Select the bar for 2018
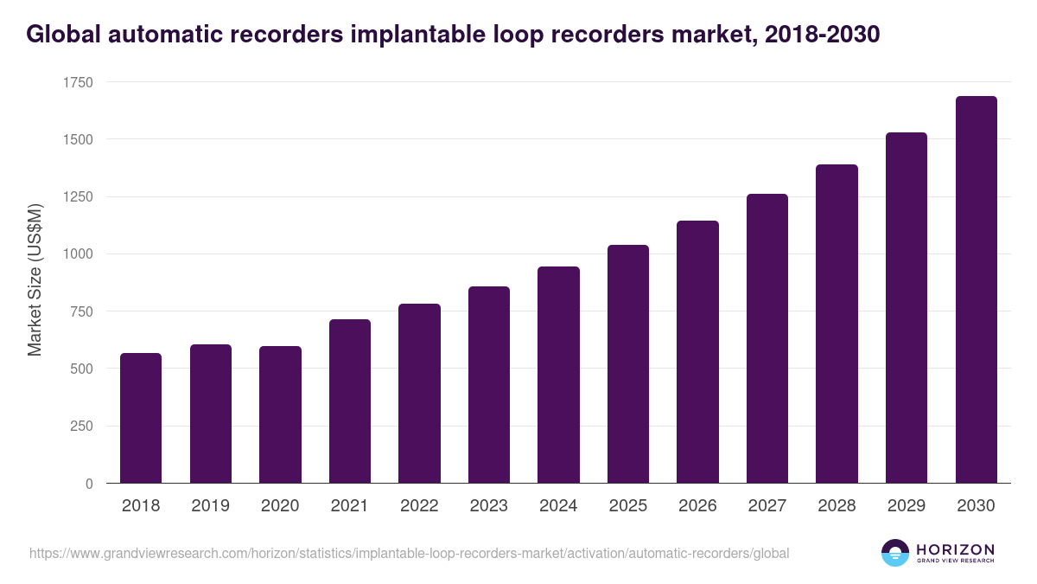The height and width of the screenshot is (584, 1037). coord(141,418)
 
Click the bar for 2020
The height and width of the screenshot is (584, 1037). coord(280,414)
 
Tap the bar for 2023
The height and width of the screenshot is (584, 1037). coord(489,385)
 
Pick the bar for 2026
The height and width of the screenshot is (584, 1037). coord(697,352)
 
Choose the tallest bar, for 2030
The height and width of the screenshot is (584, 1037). coord(976,290)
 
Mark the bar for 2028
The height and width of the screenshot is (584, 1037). coord(837,324)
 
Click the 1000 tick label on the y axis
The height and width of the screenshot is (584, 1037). coord(77,254)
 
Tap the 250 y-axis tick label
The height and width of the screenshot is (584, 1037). coord(80,426)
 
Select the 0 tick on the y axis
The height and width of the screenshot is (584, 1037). coord(88,484)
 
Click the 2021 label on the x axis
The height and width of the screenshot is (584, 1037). coord(349,506)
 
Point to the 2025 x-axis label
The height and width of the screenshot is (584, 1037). coord(627,506)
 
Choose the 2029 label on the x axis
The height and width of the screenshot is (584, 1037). coord(907,506)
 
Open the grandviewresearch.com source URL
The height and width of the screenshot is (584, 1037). coord(409,553)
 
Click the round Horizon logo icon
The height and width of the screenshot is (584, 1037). coord(894,553)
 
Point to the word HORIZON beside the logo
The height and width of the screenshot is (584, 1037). coord(955,549)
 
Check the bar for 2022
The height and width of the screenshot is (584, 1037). coord(419,394)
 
